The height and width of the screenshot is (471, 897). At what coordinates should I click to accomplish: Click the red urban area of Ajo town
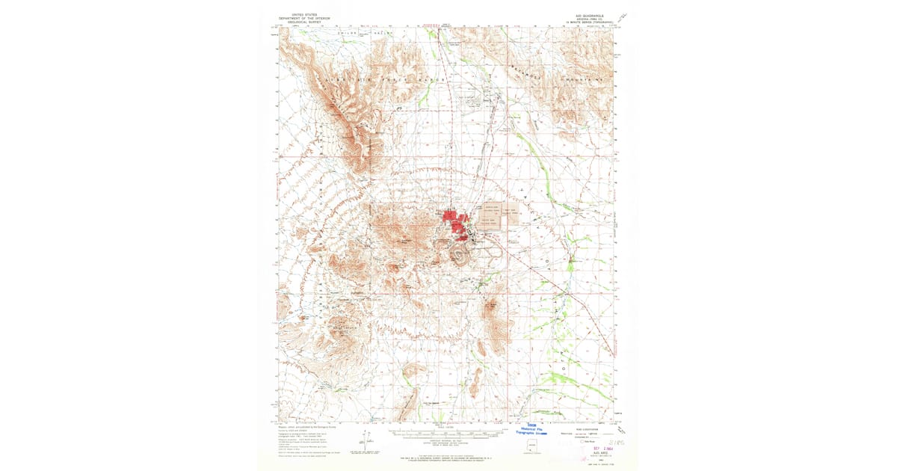453,220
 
